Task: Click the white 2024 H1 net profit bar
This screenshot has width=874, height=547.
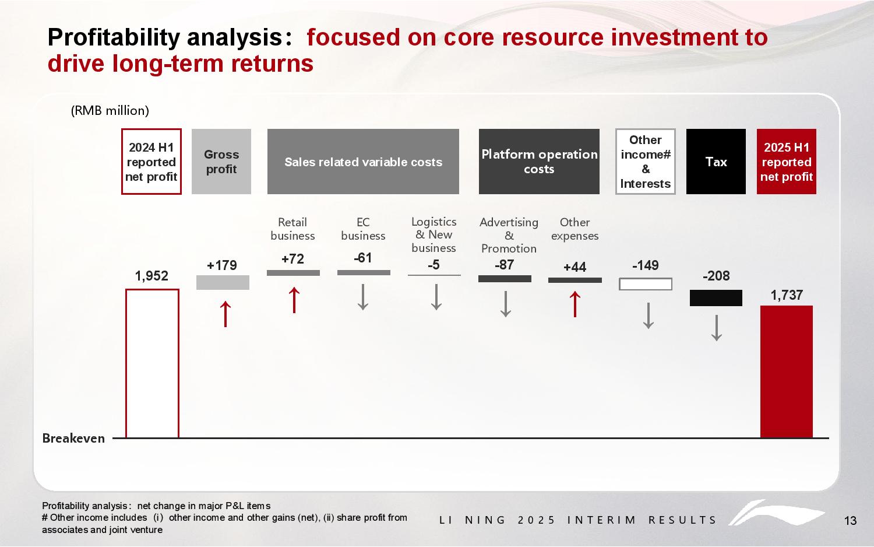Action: click(152, 363)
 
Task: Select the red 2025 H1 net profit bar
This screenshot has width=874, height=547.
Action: click(787, 371)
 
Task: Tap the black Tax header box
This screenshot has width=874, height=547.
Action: click(716, 162)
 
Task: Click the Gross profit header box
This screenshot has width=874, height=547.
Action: click(221, 162)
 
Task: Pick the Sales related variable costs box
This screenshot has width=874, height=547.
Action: click(363, 162)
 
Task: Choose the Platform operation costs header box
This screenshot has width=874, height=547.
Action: click(539, 162)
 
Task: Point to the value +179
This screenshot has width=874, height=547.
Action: click(222, 265)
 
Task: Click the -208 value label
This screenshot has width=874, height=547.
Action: click(716, 276)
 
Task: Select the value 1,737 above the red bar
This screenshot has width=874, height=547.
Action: click(787, 295)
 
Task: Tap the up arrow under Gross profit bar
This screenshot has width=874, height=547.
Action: click(225, 314)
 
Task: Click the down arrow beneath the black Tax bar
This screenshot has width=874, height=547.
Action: click(717, 328)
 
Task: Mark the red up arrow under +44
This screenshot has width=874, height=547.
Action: click(575, 304)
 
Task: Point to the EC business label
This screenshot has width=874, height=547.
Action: click(363, 229)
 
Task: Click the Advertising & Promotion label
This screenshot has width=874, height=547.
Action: click(509, 235)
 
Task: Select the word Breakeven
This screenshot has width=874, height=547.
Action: click(73, 439)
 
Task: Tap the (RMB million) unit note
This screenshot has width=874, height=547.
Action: click(110, 110)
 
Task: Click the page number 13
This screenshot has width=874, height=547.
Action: click(850, 521)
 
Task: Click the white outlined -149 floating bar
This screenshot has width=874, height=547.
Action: click(646, 284)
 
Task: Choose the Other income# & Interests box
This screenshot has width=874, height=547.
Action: click(645, 162)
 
